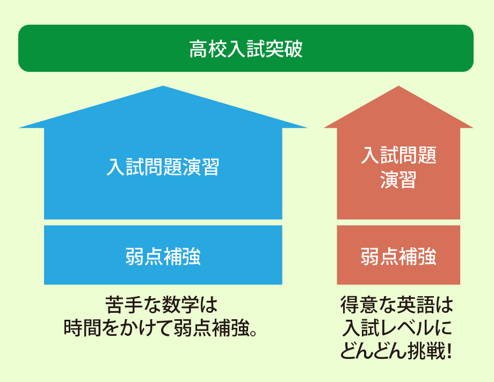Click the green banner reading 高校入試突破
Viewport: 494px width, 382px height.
[x=246, y=48]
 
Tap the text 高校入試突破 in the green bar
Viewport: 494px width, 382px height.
[x=246, y=49]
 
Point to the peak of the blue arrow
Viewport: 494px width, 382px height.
[x=163, y=86]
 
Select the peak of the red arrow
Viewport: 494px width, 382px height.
[x=398, y=86]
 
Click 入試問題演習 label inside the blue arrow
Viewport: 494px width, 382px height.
[x=163, y=167]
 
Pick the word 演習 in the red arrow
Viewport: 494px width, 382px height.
[x=398, y=180]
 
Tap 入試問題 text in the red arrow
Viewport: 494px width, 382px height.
[x=398, y=155]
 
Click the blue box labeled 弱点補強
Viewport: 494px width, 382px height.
[x=163, y=255]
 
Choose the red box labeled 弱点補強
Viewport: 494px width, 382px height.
[x=398, y=255]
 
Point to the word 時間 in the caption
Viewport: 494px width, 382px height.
[x=83, y=328]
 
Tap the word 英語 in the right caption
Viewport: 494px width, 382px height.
[x=416, y=305]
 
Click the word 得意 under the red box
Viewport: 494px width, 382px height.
[x=359, y=305]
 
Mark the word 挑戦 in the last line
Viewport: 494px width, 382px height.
[x=426, y=350]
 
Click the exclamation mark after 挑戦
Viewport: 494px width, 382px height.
[x=449, y=351]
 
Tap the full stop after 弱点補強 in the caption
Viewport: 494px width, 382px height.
[x=253, y=333]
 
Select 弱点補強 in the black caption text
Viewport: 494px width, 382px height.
[x=211, y=328]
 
